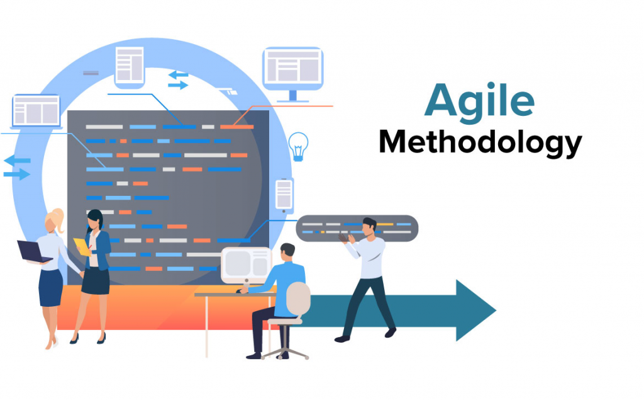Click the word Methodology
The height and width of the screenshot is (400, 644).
click(480, 143)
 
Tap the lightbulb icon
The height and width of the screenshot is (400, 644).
click(297, 147)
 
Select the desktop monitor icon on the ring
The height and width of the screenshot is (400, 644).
click(292, 71)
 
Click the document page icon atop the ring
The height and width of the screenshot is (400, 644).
click(130, 66)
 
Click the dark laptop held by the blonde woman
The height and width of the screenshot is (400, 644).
click(33, 251)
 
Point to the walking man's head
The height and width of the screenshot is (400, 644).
click(369, 226)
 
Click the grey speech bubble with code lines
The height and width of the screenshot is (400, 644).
click(357, 228)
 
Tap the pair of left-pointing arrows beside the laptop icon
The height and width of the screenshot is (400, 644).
click(17, 166)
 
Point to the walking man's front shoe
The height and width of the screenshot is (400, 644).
click(390, 332)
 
